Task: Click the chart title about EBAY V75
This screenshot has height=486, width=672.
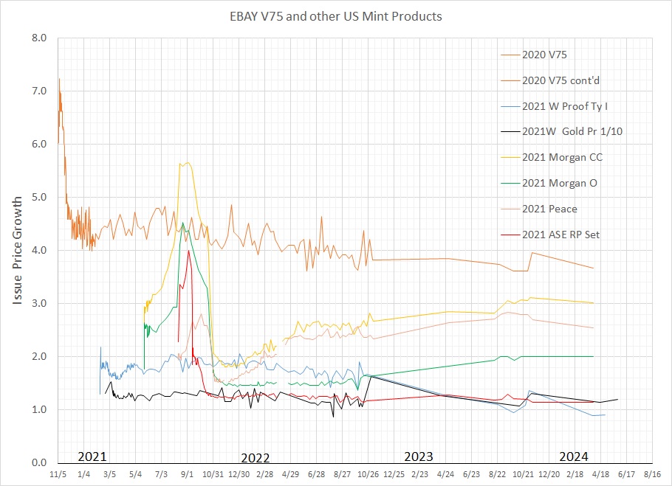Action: click(x=336, y=15)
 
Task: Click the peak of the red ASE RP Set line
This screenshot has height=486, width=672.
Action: click(x=189, y=251)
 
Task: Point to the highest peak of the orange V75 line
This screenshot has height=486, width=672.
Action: click(x=59, y=78)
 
